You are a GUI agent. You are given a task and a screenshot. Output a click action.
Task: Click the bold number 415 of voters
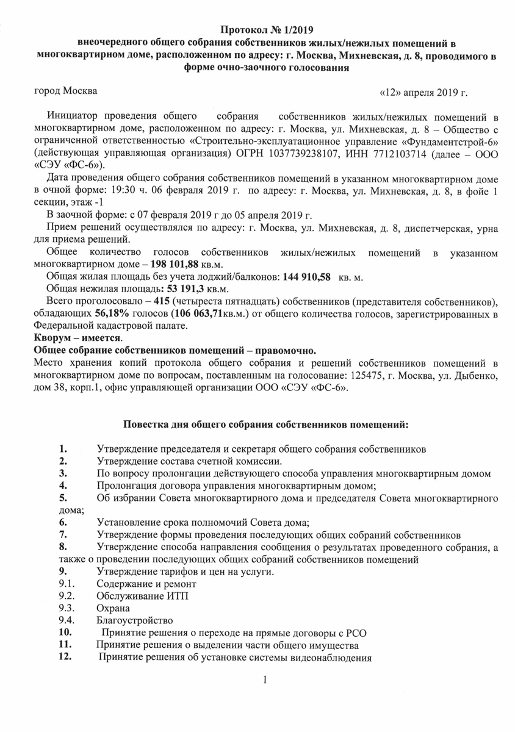pyautogui.click(x=163, y=301)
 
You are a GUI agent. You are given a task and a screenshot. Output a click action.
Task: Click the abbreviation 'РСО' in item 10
pyautogui.click(x=353, y=632)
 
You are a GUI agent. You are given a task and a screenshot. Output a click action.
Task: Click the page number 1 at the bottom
pyautogui.click(x=266, y=680)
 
